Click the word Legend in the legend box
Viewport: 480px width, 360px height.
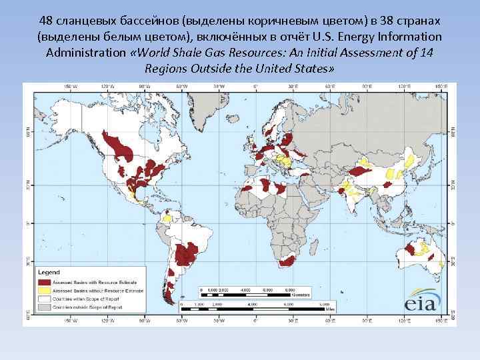(49, 273)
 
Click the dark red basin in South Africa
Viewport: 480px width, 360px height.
(287, 260)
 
